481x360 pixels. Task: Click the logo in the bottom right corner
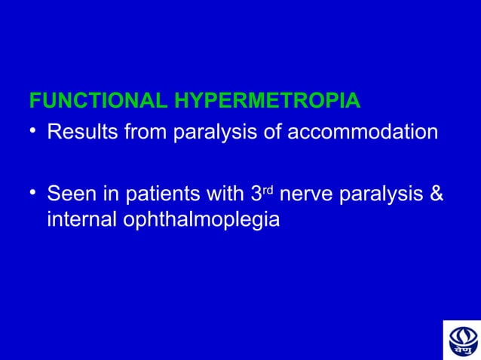coord(460,339)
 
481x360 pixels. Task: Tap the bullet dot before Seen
coord(33,196)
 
